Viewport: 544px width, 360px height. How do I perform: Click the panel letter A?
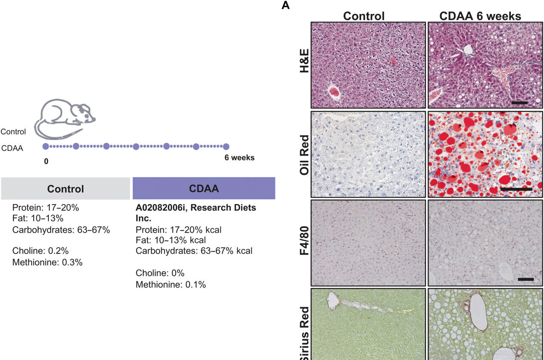286,6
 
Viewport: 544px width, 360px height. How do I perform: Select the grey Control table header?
65,189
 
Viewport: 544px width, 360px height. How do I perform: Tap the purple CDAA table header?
204,189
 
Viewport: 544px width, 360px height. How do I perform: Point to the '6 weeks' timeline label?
240,158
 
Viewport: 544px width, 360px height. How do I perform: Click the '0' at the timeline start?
45,162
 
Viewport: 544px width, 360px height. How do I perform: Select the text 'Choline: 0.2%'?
40,250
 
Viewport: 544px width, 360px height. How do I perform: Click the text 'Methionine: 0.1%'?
171,285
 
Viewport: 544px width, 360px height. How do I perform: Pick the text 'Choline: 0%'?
160,273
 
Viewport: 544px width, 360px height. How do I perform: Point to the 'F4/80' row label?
304,243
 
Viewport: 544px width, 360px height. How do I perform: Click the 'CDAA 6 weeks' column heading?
480,16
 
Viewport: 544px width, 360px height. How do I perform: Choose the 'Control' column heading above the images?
364,16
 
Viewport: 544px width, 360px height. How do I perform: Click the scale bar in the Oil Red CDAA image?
516,188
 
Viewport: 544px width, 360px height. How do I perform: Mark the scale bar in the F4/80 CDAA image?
526,279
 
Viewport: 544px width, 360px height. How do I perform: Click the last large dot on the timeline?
226,147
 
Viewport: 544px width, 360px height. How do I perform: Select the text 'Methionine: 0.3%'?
47,262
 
